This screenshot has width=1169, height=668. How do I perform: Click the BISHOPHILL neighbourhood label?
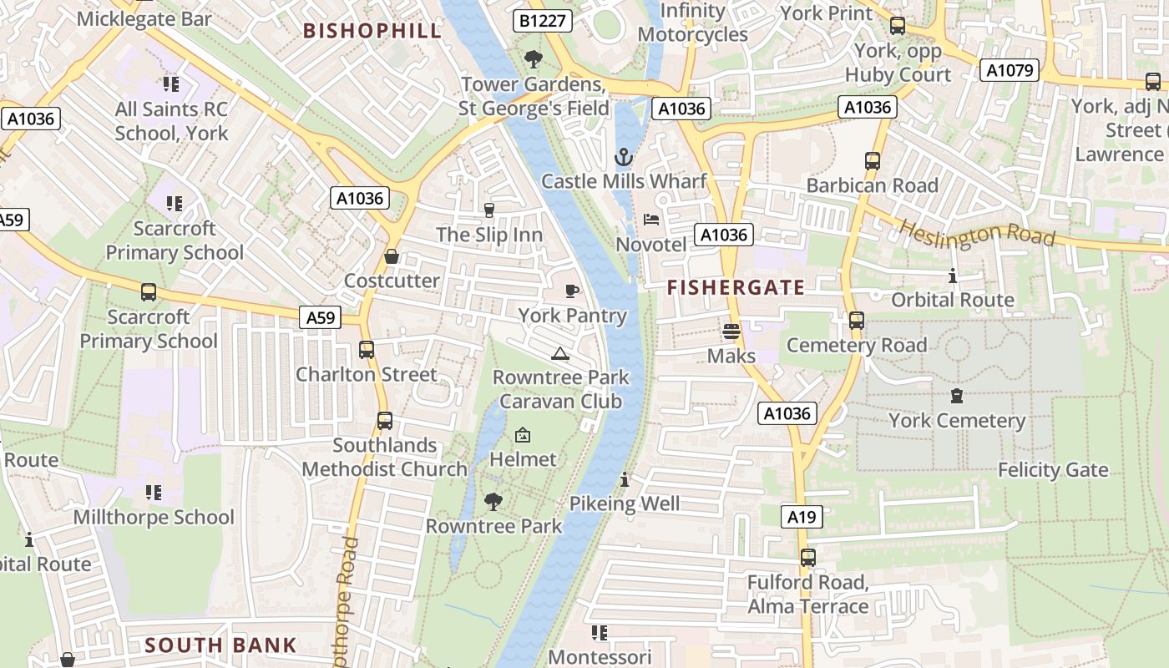point(372,32)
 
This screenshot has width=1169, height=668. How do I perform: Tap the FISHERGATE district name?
point(736,288)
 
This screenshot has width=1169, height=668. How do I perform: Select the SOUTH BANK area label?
point(220,645)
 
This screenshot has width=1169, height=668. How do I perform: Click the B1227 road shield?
point(542,21)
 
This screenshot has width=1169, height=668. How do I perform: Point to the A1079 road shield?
point(1010,70)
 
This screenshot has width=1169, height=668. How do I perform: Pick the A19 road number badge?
point(802,517)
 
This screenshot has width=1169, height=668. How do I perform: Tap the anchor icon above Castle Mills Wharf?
point(623,157)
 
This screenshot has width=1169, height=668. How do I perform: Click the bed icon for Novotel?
point(651,220)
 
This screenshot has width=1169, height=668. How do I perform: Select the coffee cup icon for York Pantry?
point(572,291)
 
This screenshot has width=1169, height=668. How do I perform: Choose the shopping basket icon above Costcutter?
point(391,256)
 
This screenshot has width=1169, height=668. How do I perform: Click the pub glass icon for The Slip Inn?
point(489,210)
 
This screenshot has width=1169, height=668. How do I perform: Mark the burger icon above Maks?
point(731,331)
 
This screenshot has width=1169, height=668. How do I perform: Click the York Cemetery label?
point(957,420)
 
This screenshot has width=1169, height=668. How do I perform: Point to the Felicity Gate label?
point(1053,470)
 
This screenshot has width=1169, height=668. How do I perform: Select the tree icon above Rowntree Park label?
point(493,501)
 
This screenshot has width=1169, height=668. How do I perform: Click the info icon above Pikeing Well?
point(625,479)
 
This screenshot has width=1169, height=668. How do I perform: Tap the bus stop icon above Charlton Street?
point(366,350)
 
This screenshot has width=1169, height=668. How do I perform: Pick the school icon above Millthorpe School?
point(154,493)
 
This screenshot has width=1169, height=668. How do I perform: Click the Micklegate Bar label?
point(144,18)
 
